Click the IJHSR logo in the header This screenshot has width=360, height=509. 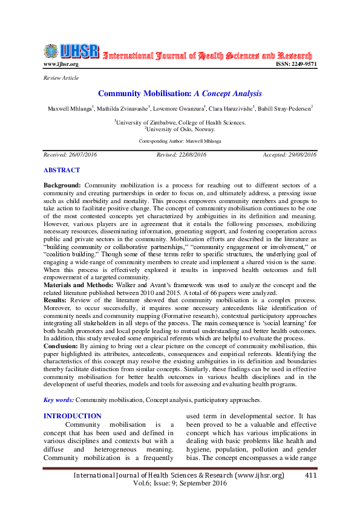[x=71, y=52]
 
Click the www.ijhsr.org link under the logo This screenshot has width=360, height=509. [x=61, y=64]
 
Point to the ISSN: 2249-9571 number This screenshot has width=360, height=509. [x=296, y=64]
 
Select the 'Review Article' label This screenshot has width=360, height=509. [x=61, y=78]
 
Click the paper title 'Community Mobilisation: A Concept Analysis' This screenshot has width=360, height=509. [x=180, y=94]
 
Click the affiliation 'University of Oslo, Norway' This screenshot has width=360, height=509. [x=180, y=129]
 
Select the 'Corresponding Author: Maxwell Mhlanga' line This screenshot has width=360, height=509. [x=180, y=140]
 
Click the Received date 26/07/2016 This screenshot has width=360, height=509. [x=70, y=155]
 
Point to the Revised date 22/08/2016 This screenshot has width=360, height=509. [x=182, y=155]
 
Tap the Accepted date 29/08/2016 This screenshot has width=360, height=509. [x=289, y=155]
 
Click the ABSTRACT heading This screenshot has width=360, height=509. [x=61, y=170]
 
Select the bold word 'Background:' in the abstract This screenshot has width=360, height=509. [x=63, y=184]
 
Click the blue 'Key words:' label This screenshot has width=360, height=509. [x=59, y=400]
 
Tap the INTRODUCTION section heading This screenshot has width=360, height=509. [x=73, y=416]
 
